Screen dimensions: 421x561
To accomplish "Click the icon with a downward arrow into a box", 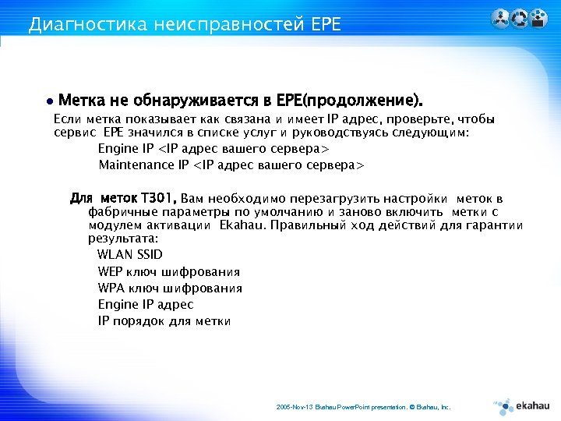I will [538, 19].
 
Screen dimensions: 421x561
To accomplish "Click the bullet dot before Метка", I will [49, 102].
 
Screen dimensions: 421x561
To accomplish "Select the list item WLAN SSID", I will [130, 255].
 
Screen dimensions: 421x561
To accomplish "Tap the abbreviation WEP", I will [111, 271].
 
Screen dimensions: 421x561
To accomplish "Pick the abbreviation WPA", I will [111, 288].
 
